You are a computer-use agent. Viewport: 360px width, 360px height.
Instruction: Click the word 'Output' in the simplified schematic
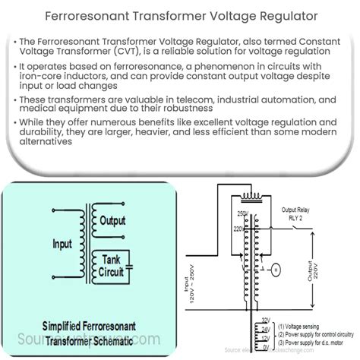[x=112, y=220]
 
